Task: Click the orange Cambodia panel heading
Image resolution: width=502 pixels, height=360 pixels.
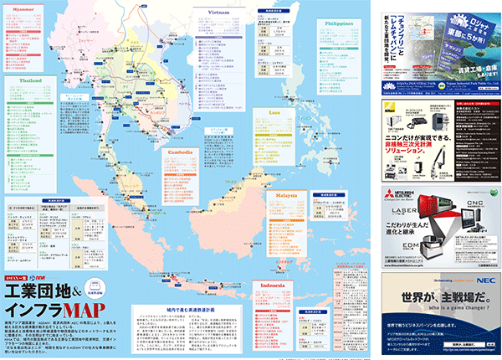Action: tap(180, 152)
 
